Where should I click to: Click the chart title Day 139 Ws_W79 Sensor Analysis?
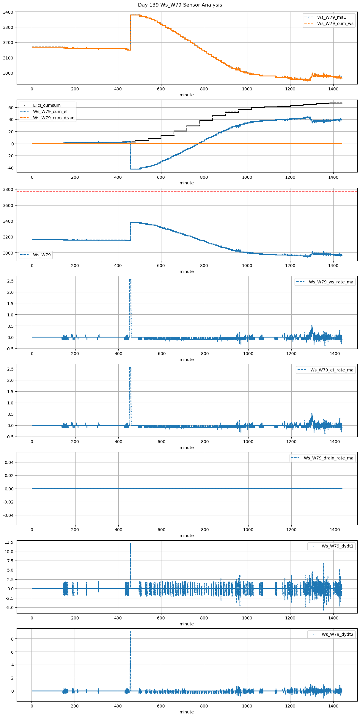180,5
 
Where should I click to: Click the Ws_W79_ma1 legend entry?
331,17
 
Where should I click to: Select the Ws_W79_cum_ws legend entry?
335,23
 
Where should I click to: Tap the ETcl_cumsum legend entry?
47,105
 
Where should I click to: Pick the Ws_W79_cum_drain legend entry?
54,118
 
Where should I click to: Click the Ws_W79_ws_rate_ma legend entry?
331,282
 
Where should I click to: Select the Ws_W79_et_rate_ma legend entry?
332,370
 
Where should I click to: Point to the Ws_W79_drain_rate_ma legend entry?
328,458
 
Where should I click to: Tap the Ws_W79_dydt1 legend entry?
337,546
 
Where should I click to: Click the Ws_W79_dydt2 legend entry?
337,634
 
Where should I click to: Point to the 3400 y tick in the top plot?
8,12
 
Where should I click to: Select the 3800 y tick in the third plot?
8,189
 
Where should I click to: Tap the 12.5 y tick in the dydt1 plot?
9,542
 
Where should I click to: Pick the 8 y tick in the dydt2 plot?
12,639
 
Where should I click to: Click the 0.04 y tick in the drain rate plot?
9,462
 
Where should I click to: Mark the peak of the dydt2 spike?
130,632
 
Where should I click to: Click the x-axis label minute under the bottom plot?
186,712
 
